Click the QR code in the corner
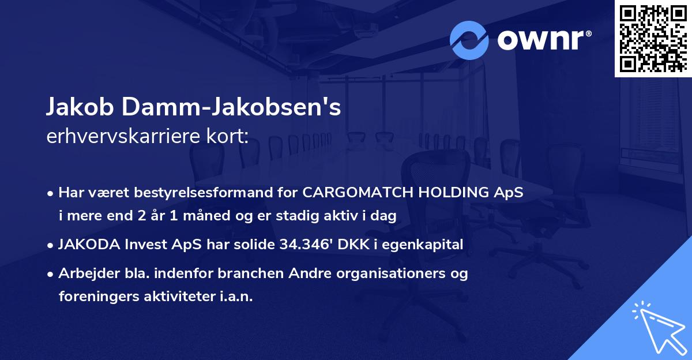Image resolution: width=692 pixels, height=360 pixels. click(653, 38)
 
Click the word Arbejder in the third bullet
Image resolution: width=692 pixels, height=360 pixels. click(85, 273)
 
